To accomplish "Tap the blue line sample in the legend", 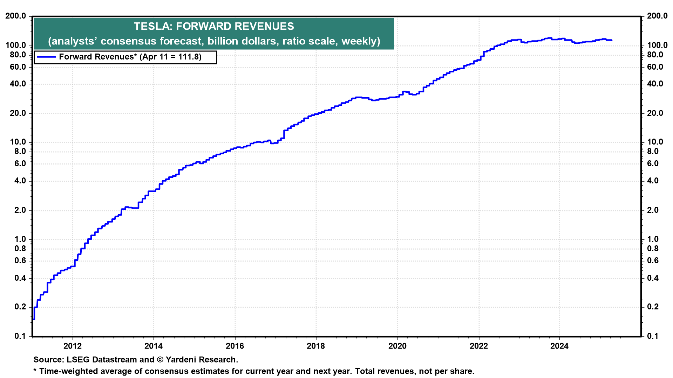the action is [46, 57].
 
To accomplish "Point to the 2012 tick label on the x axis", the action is [73, 346].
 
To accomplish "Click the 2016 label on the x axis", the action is [235, 346].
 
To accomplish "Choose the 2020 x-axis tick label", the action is [397, 346].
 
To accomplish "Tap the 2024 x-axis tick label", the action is [559, 346].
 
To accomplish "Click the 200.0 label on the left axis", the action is [16, 16].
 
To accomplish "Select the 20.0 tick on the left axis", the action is [18, 113].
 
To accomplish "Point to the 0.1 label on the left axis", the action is [20, 336].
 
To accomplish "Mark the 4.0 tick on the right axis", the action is [653, 181].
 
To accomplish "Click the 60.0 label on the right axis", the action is [655, 67].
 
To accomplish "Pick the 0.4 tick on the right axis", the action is [653, 278].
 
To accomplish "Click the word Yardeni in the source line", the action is [182, 360].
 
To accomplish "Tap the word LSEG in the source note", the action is [77, 360].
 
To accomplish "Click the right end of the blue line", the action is [612, 41].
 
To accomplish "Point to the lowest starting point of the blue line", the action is [34, 319].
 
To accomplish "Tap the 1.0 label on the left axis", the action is [20, 239].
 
